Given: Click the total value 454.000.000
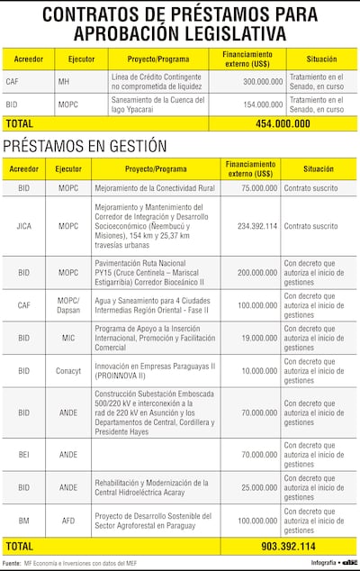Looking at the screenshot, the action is click(283, 123).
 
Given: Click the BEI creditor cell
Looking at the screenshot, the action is click(23, 455).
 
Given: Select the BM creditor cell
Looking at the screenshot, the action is click(23, 521).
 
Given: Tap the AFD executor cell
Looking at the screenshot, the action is click(68, 521).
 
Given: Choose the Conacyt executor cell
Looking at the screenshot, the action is click(68, 371).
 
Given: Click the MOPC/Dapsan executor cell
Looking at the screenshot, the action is click(68, 305).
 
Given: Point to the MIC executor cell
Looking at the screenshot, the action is click(68, 339).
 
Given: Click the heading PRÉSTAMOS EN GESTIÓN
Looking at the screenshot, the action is click(73, 145).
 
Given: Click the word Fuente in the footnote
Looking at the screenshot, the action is click(13, 564).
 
